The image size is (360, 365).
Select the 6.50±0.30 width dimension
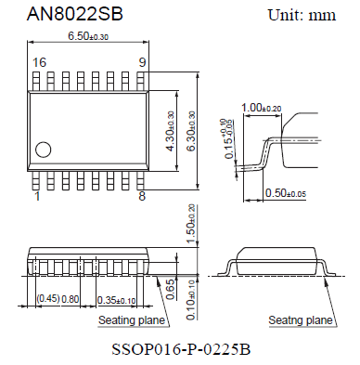click(89, 36)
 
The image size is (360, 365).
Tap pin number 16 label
click(38, 62)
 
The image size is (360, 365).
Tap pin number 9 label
click(142, 62)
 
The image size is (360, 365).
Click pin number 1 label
click(37, 197)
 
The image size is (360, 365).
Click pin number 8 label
click(142, 197)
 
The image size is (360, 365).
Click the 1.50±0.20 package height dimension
click(192, 226)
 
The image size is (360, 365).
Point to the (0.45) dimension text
click(48, 299)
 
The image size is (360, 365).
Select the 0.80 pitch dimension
click(70, 299)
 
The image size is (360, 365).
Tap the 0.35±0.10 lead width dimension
click(116, 299)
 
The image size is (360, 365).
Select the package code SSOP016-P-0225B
click(179, 350)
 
